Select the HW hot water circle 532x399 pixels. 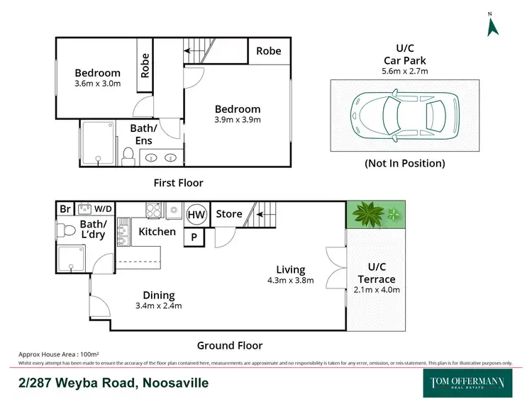point(195,214)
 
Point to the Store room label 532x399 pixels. point(229,213)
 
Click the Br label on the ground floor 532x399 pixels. point(65,209)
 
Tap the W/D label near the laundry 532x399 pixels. point(104,209)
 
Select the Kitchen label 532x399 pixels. point(157,232)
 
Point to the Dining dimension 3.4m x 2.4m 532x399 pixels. point(158,306)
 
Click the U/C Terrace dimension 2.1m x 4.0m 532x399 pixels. point(376,289)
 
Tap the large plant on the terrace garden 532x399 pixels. point(367,213)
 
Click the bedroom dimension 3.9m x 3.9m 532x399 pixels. point(238,120)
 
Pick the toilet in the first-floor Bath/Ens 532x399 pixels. point(128,154)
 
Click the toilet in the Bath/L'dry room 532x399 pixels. point(68,232)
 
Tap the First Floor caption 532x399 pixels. point(179,183)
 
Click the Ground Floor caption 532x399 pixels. point(229,346)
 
